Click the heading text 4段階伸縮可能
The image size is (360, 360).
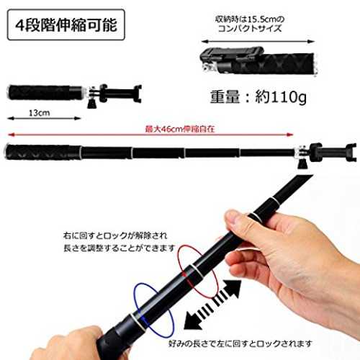66,24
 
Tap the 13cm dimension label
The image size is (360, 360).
39,113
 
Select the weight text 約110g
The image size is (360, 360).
280,97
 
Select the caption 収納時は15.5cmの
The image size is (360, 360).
250,19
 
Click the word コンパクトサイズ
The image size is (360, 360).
250,28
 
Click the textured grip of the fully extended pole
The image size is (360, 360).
42,153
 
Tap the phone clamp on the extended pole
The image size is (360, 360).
331,153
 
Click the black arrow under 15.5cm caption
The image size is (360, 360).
258,42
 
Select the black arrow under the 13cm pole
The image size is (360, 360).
45,118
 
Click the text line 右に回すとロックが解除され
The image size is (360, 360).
115,235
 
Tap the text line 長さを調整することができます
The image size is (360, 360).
120,248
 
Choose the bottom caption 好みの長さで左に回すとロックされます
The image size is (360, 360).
240,344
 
